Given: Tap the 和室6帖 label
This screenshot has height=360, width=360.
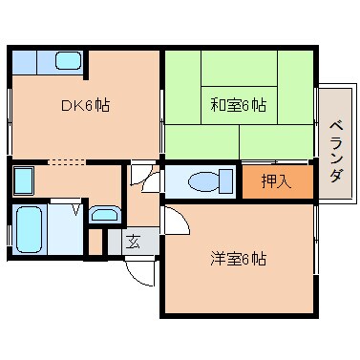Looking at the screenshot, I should coord(238,103).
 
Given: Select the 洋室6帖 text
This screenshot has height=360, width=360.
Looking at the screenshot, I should coord(239,258).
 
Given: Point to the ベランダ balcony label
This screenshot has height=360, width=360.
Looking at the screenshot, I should coord(335,151).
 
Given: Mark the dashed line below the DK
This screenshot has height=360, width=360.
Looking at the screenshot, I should coord(67,161).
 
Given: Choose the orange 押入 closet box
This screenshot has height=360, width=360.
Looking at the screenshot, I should coord(275,180).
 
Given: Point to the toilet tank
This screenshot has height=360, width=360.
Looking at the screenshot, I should coord(226,180).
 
